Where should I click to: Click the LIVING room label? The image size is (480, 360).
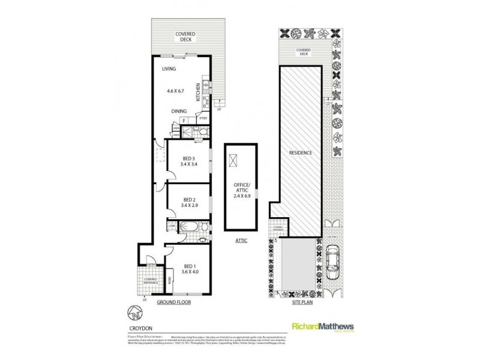coord(169,70)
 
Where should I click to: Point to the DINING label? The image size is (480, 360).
coord(179,111)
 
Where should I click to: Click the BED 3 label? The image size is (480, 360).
coord(189,159)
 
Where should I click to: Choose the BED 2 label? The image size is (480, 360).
coord(190,200)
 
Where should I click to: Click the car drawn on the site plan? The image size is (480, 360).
coord(332,264)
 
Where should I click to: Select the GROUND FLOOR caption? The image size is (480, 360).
coord(174,302)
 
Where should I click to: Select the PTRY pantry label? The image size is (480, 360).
coord(203,118)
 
